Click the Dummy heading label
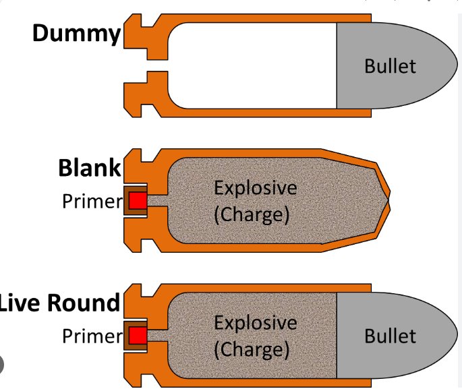click(x=77, y=33)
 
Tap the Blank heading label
click(x=89, y=167)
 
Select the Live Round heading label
click(x=59, y=303)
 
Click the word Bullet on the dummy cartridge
click(x=390, y=66)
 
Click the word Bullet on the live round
click(x=390, y=335)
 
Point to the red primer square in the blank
click(x=138, y=200)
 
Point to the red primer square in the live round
click(x=138, y=335)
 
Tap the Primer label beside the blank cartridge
click(x=91, y=201)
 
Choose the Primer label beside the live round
click(x=91, y=336)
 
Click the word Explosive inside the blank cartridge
click(x=255, y=187)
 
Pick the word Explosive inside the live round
click(x=255, y=322)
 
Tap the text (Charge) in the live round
click(x=251, y=350)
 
